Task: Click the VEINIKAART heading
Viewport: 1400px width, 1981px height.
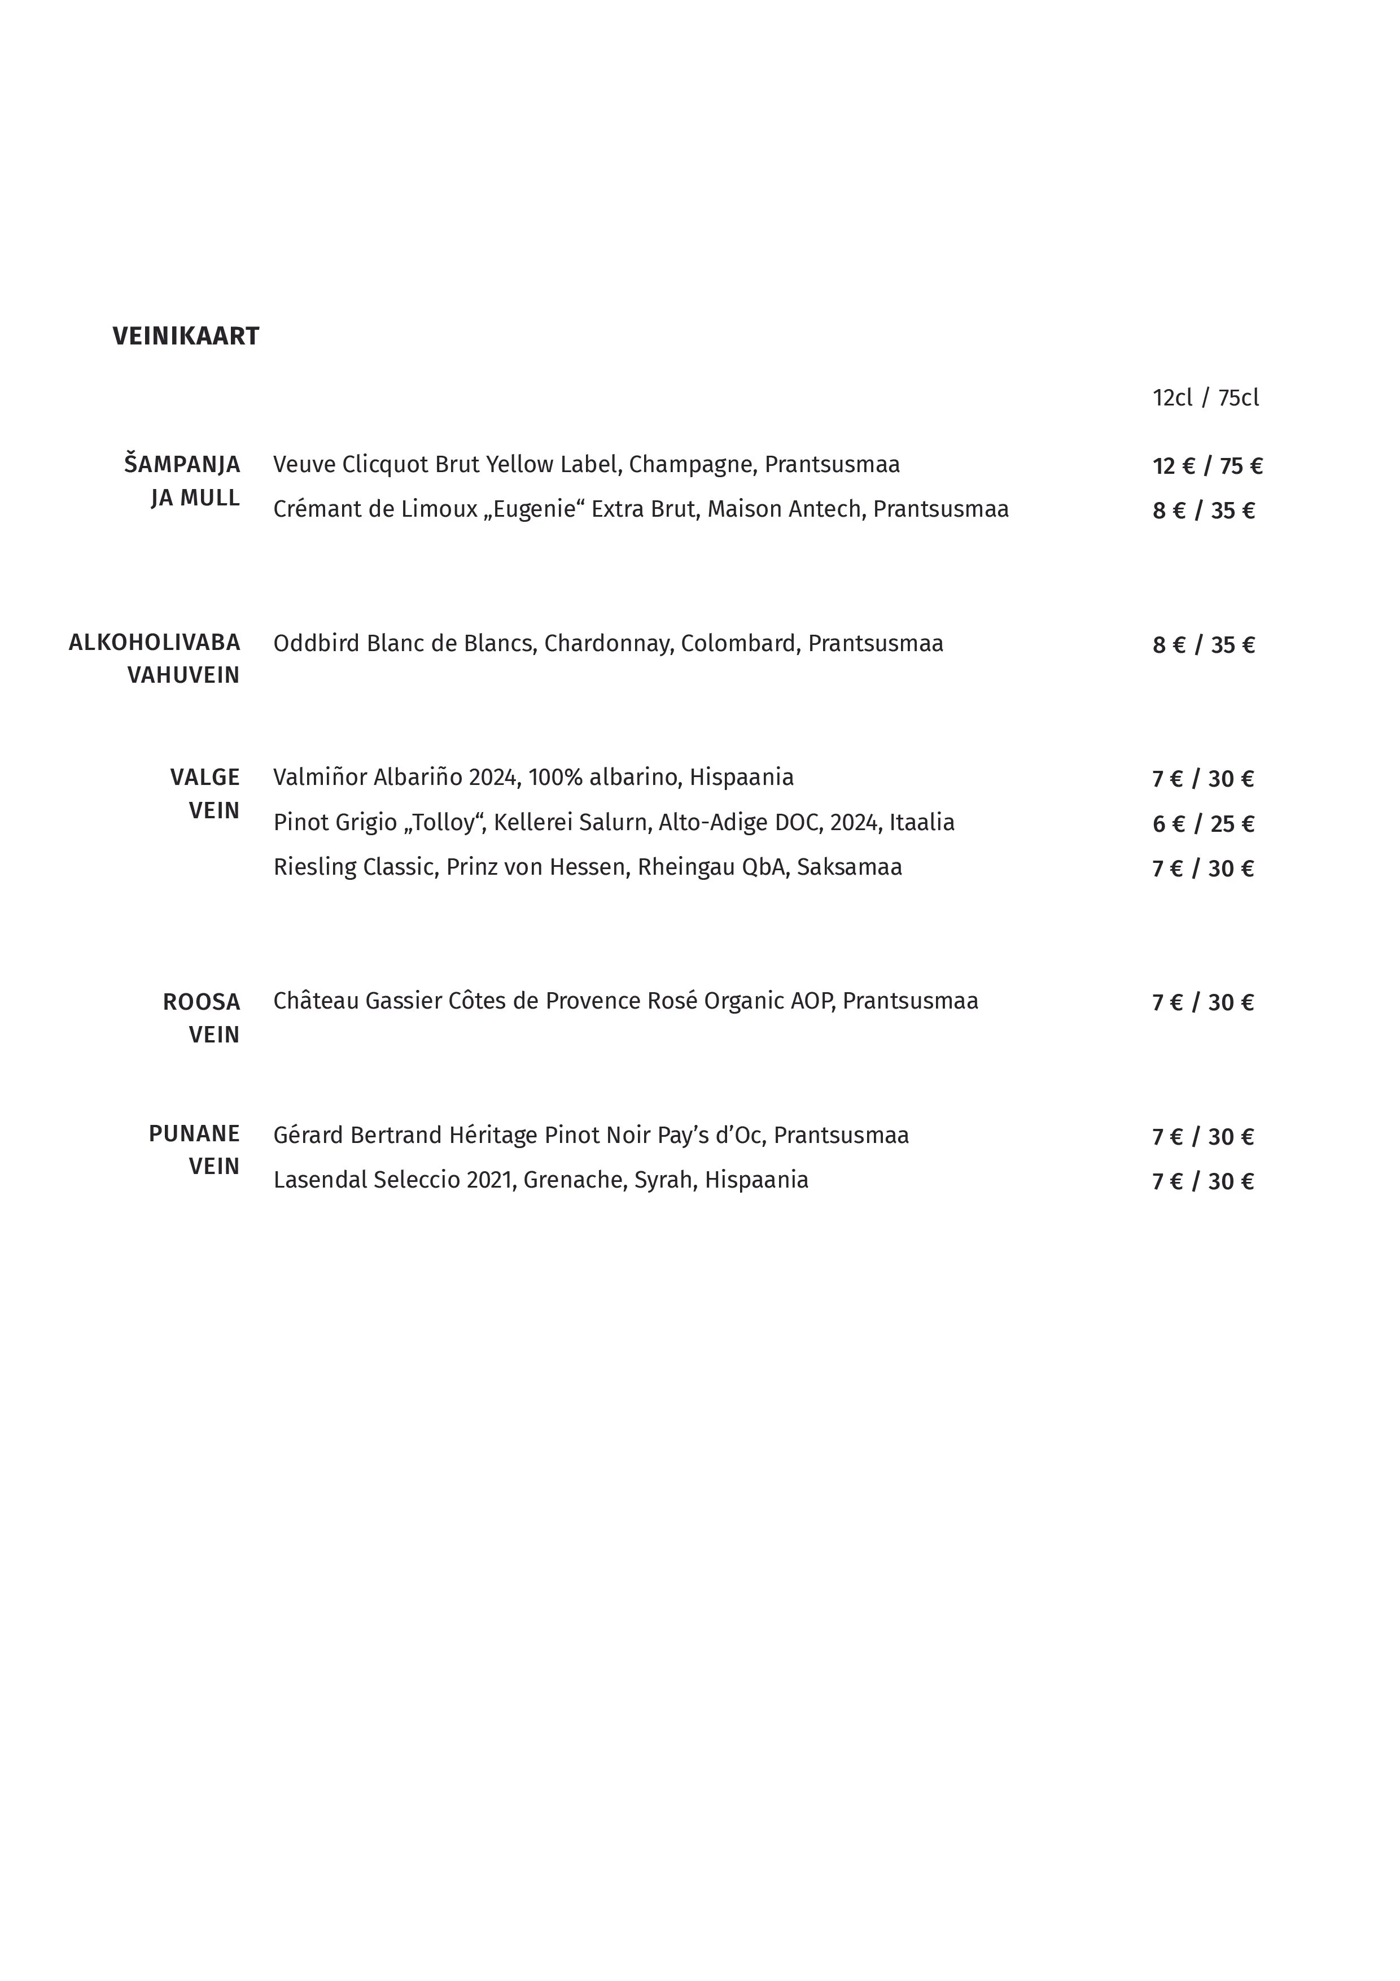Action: pyautogui.click(x=186, y=337)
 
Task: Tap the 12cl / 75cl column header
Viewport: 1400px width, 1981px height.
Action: pyautogui.click(x=1205, y=398)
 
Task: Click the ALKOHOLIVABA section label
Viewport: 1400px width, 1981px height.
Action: pyautogui.click(x=155, y=643)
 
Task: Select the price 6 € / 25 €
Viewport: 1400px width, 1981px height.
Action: pyautogui.click(x=1202, y=824)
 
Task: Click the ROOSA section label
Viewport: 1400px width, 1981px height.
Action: pyautogui.click(x=201, y=1002)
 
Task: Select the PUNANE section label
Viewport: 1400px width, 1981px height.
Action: pyautogui.click(x=194, y=1134)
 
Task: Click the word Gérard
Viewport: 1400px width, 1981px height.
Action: pyautogui.click(x=308, y=1136)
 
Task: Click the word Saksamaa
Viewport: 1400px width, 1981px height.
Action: pyautogui.click(x=849, y=867)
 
